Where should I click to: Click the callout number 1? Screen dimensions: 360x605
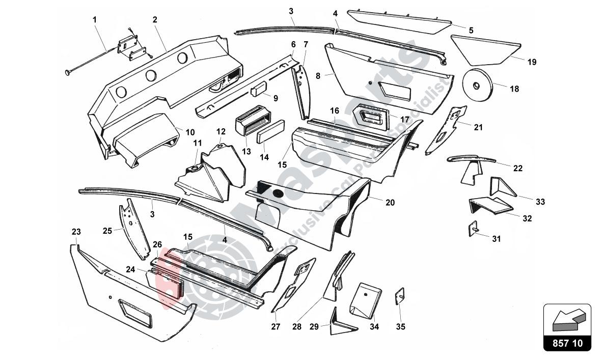(x=94, y=20)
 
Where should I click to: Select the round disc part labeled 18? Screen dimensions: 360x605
(x=478, y=85)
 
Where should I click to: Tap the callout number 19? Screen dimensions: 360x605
(x=532, y=62)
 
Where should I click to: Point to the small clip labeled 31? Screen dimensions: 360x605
(x=473, y=229)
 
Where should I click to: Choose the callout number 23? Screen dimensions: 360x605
(x=76, y=232)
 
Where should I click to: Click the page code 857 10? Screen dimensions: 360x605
(x=567, y=343)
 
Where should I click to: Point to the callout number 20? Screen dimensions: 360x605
(x=390, y=202)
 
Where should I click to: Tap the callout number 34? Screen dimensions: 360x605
(x=374, y=326)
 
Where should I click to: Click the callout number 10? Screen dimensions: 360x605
(x=190, y=132)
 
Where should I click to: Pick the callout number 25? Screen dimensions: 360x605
(x=107, y=231)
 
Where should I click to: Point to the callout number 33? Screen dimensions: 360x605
(x=540, y=202)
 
